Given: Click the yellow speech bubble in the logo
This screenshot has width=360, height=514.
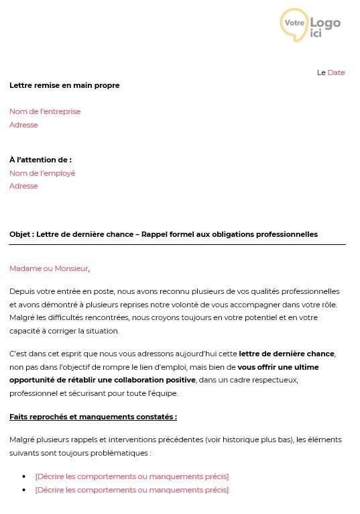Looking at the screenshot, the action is click(x=294, y=23).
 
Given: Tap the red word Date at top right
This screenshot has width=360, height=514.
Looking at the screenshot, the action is click(x=336, y=72).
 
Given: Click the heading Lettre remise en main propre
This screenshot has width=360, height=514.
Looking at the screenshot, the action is click(x=64, y=85).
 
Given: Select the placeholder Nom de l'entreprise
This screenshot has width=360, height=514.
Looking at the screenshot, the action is click(x=45, y=111).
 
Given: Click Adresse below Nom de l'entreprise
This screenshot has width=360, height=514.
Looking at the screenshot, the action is click(x=23, y=125).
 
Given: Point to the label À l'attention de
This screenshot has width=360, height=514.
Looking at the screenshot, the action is click(x=40, y=160).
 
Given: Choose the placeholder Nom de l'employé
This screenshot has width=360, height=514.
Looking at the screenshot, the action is click(x=42, y=173).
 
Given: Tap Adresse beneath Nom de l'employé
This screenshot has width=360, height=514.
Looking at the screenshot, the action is click(x=23, y=186).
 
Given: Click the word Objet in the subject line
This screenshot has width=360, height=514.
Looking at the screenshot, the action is click(x=20, y=234).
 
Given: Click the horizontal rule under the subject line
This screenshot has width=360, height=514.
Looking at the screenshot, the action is click(x=178, y=245).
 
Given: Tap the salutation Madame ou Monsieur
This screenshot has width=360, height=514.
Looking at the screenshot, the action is click(x=48, y=268).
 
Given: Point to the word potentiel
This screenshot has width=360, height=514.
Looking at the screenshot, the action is click(x=257, y=317).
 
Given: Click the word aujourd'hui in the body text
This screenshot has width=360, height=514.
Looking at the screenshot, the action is click(x=192, y=354).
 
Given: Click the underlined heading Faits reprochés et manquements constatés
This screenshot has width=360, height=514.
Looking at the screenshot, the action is click(x=93, y=417).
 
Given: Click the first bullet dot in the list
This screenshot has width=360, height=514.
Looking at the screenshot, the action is click(x=25, y=476).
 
